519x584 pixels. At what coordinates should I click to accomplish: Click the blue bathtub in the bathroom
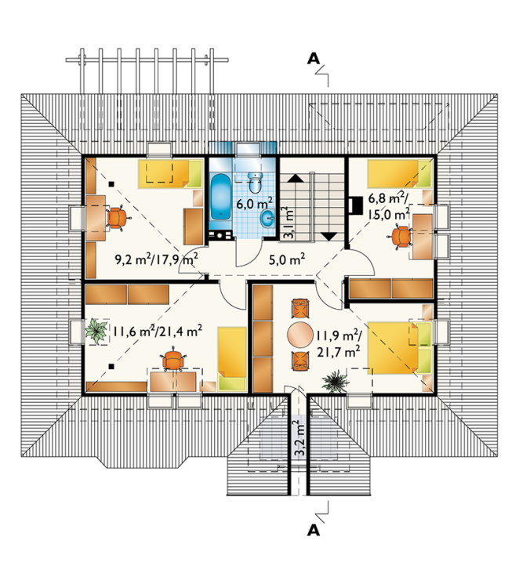pyautogui.click(x=220, y=198)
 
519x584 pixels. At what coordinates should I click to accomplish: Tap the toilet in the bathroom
pyautogui.click(x=256, y=183)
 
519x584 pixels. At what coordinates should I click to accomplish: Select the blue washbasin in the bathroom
pyautogui.click(x=268, y=218)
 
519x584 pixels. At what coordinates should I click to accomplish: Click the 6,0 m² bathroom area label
pyautogui.click(x=255, y=204)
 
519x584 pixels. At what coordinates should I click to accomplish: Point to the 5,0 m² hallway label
pyautogui.click(x=287, y=259)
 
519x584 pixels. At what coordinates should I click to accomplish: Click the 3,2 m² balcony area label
pyautogui.click(x=299, y=438)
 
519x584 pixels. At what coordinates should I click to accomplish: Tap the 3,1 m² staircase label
pyautogui.click(x=289, y=223)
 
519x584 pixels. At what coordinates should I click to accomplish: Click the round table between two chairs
pyautogui.click(x=300, y=335)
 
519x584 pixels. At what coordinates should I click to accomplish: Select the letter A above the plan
pyautogui.click(x=314, y=59)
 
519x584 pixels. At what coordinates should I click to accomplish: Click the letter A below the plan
pyautogui.click(x=314, y=531)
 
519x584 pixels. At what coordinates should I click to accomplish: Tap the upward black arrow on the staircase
pyautogui.click(x=296, y=178)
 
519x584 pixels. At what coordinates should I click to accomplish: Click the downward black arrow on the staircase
pyautogui.click(x=328, y=237)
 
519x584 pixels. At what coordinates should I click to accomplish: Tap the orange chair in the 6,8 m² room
pyautogui.click(x=401, y=236)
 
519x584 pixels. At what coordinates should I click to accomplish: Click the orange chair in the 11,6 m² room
pyautogui.click(x=173, y=360)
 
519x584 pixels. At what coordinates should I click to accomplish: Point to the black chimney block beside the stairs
pyautogui.click(x=355, y=205)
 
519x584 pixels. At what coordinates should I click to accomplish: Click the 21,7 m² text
pyautogui.click(x=338, y=351)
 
